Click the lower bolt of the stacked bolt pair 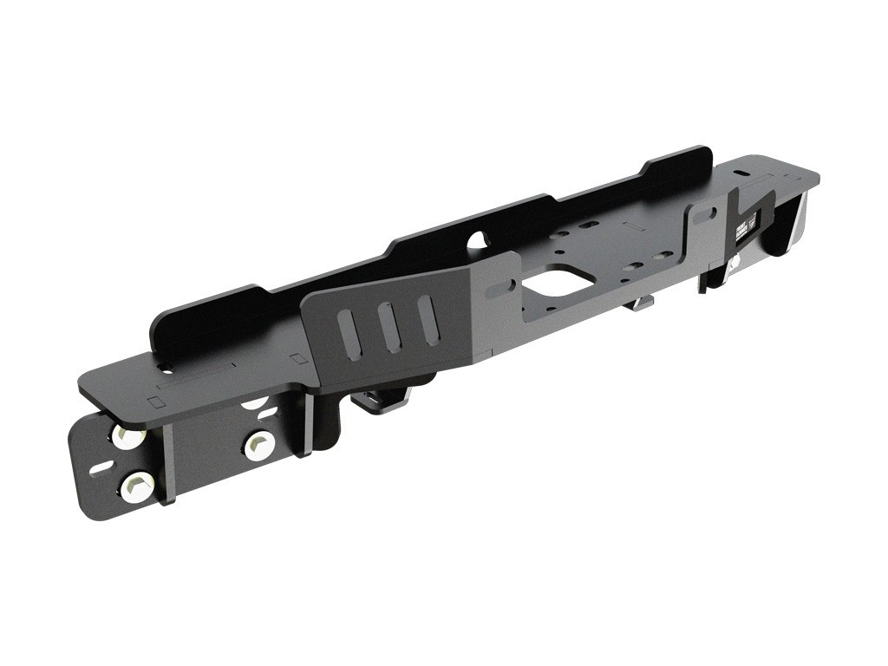coord(138,486)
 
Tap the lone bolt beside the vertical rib coord(259,446)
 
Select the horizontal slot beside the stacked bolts coord(101,468)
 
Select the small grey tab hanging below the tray coord(641,303)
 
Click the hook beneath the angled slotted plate coord(382,401)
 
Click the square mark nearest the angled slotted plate coord(298,358)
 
